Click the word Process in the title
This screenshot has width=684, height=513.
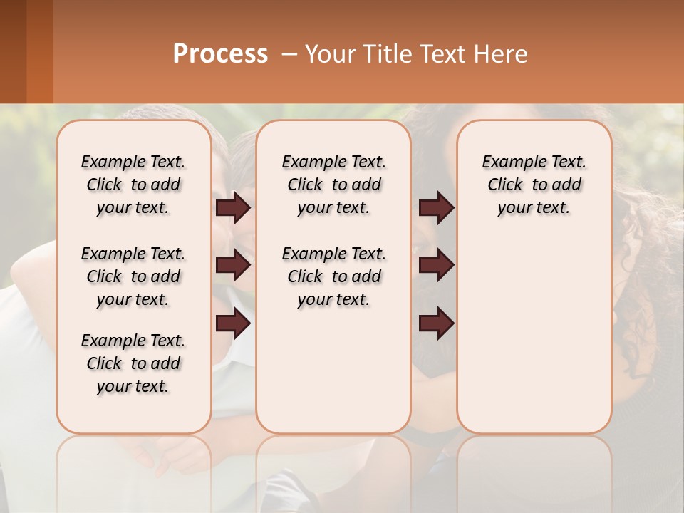220,54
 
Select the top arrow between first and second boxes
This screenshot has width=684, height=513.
233,207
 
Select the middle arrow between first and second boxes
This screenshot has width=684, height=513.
233,265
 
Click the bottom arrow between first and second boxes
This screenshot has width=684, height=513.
233,323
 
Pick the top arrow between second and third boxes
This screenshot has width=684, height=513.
436,207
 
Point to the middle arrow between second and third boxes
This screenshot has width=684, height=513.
436,265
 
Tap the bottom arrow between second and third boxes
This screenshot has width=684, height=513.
436,323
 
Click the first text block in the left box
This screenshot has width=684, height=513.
133,185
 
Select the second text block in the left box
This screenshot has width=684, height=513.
133,276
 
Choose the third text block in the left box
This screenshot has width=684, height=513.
133,363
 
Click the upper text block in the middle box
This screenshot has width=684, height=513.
333,185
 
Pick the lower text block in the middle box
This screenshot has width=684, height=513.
333,276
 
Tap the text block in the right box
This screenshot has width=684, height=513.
534,185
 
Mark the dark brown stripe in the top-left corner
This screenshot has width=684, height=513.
13,51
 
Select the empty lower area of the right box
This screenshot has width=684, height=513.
534,335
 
